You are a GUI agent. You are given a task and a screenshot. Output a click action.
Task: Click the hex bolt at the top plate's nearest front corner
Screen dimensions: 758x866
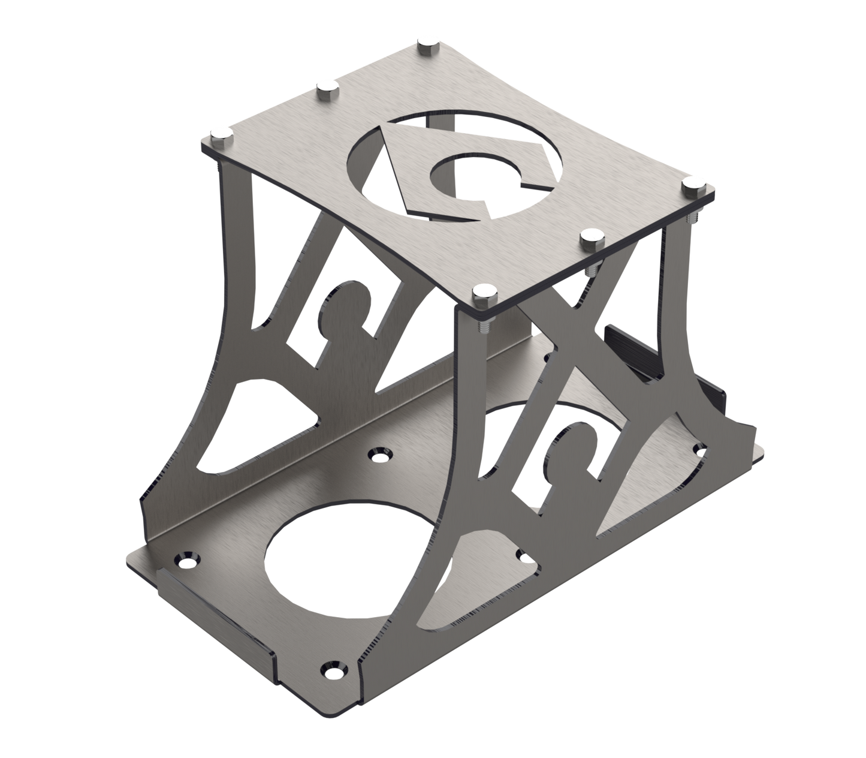click(x=484, y=294)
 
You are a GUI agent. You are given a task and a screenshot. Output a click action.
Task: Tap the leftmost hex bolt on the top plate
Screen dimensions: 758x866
click(x=219, y=135)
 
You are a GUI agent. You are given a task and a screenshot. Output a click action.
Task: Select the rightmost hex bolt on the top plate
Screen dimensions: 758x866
click(x=695, y=184)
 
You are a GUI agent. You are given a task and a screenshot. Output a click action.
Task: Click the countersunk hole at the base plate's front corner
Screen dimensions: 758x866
click(x=333, y=667)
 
